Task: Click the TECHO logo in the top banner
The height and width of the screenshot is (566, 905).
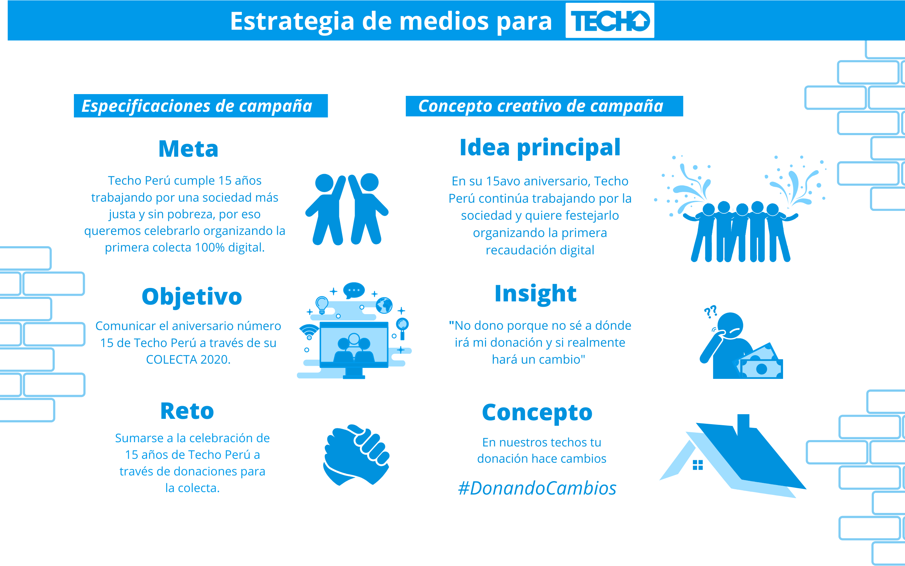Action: pos(609,21)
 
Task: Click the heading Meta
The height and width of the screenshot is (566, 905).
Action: pos(188,149)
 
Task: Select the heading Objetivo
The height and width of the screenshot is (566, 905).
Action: pos(192,296)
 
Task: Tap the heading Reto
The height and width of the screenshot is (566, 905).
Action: pos(187,411)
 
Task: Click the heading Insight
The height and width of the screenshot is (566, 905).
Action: pos(535,294)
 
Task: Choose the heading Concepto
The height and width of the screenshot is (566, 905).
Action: pos(537,412)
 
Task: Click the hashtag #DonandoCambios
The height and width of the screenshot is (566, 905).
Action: pos(537,488)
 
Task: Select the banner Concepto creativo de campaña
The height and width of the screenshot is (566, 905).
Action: pos(544,106)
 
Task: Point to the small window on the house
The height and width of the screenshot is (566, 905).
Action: pos(697,465)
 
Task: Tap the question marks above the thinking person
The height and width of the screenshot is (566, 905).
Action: pos(710,311)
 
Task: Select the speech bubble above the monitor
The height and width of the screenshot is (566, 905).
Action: pos(354,290)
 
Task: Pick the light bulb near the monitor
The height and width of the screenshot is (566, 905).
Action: pos(322,304)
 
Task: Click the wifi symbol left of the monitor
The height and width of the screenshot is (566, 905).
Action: pos(309,332)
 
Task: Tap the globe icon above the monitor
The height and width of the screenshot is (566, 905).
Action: pos(384,305)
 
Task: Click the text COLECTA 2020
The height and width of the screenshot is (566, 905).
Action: pos(188,360)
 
